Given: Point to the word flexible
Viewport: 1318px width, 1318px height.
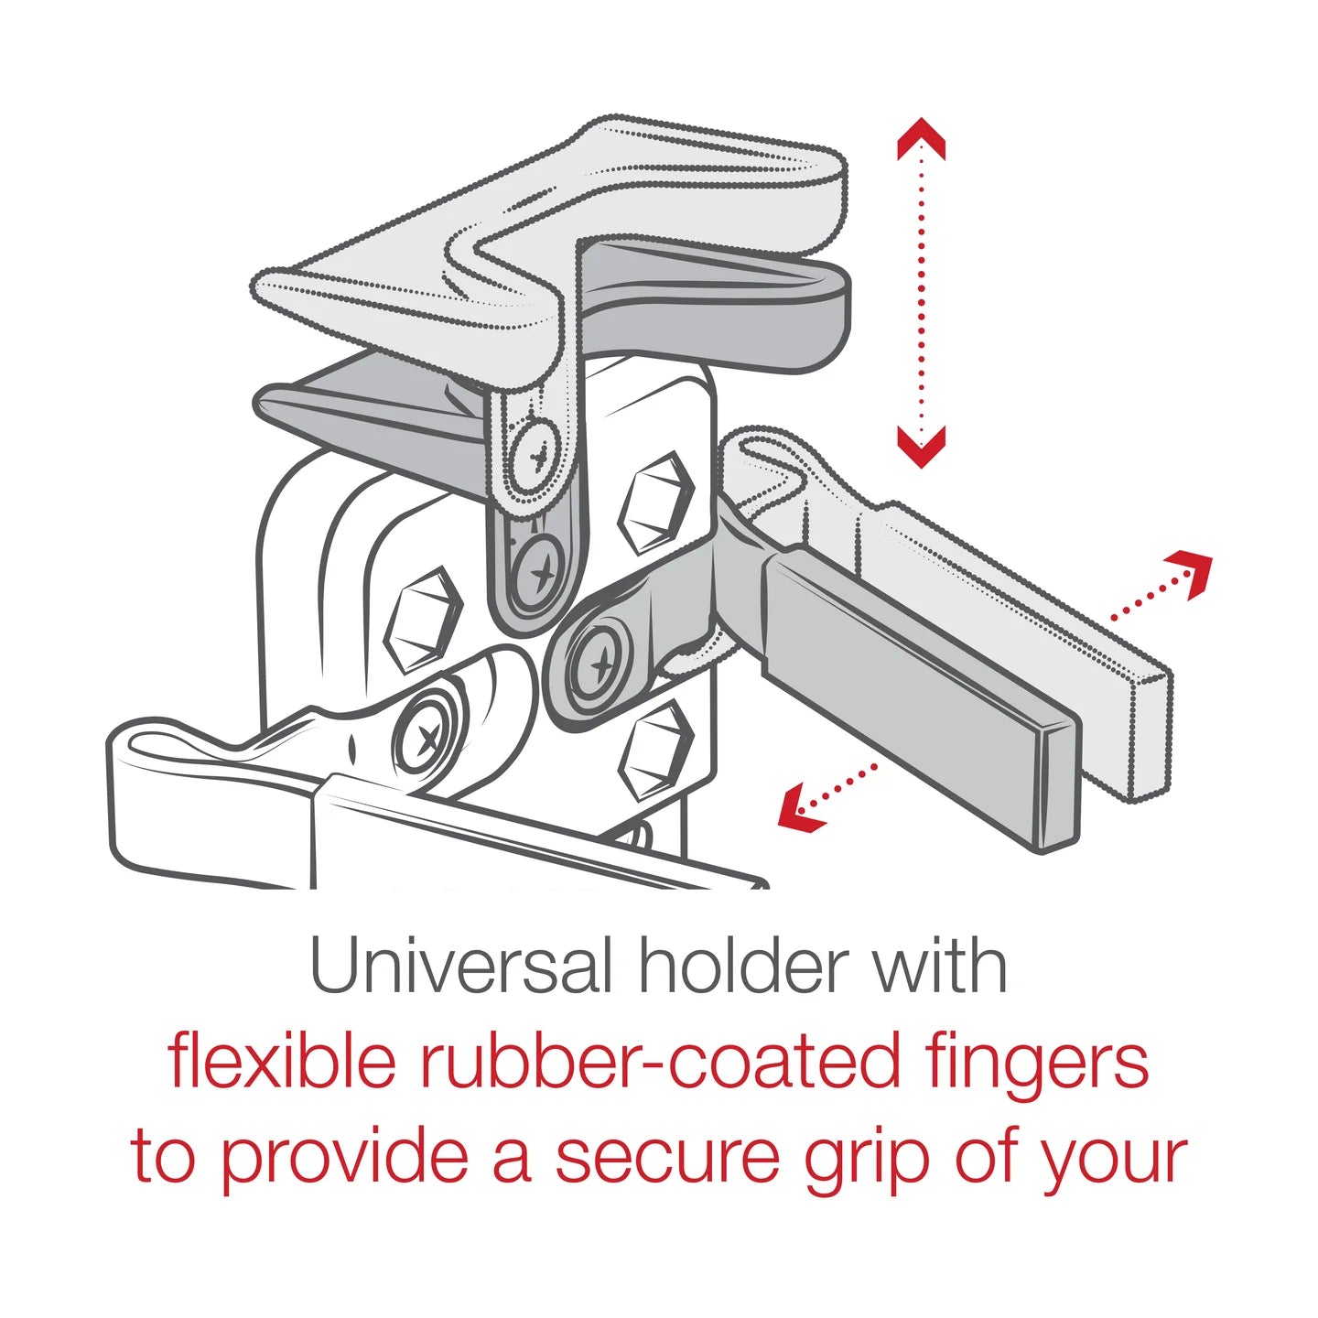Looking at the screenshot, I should pyautogui.click(x=282, y=1062).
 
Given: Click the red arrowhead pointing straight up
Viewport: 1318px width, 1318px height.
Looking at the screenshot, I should pyautogui.click(x=921, y=137).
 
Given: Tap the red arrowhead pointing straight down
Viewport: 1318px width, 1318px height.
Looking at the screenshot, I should pyautogui.click(x=921, y=447).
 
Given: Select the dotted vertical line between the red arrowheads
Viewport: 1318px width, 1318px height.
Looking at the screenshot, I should pyautogui.click(x=921, y=293).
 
